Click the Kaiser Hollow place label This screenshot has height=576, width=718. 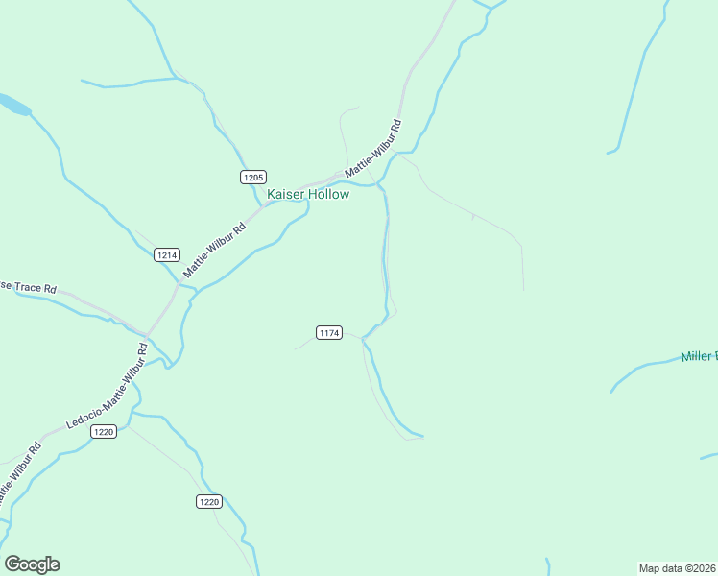[x=307, y=194]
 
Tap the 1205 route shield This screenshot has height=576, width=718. [x=253, y=177]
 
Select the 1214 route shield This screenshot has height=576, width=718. [x=167, y=255]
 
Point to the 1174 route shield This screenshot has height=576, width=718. [x=328, y=332]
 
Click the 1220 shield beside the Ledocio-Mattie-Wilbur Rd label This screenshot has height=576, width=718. [x=104, y=432]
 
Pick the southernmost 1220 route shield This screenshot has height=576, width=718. [x=209, y=501]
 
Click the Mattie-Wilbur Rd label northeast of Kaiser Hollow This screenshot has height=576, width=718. [x=372, y=148]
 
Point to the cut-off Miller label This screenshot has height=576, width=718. [x=699, y=357]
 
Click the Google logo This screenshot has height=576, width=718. [x=32, y=564]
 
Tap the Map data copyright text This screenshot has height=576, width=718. [x=678, y=567]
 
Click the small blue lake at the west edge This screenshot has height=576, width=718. [x=12, y=103]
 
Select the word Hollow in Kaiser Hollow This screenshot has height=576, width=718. [x=328, y=194]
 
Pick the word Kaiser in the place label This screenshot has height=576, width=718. [x=285, y=194]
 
